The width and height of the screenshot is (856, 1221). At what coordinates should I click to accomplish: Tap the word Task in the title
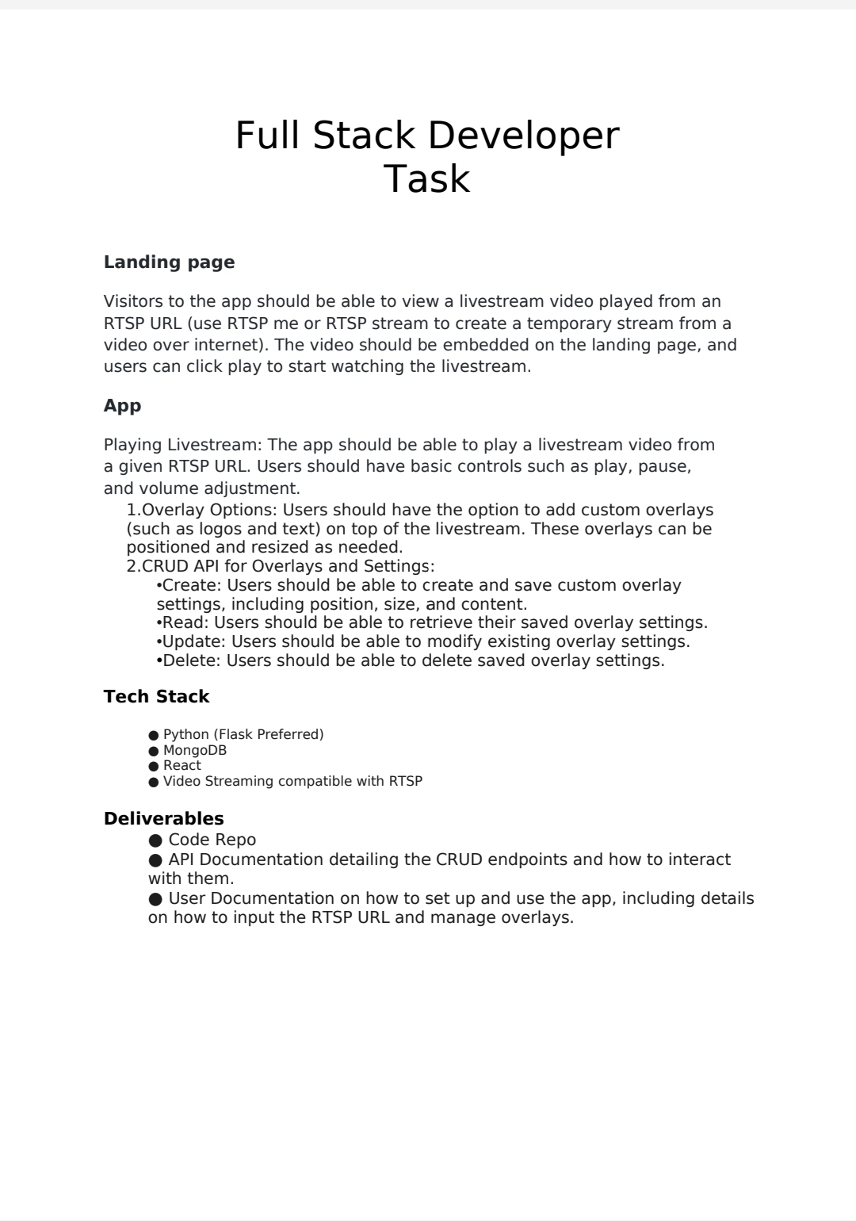pyautogui.click(x=426, y=179)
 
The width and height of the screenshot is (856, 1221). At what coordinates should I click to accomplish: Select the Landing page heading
pyautogui.click(x=169, y=262)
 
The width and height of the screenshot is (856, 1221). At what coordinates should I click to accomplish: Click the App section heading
pyautogui.click(x=122, y=406)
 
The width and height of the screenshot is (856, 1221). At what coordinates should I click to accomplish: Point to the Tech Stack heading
pyautogui.click(x=156, y=697)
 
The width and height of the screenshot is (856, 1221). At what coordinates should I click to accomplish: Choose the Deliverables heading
pyautogui.click(x=163, y=819)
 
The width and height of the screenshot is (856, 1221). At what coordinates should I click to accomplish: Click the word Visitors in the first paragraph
pyautogui.click(x=132, y=302)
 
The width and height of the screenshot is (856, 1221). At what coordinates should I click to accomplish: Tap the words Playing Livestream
pyautogui.click(x=182, y=445)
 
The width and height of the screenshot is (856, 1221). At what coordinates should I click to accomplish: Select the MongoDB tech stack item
pyautogui.click(x=195, y=751)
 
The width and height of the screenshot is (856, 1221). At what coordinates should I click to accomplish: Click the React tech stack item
pyautogui.click(x=182, y=766)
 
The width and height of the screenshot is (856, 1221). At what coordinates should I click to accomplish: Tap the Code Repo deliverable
pyautogui.click(x=212, y=840)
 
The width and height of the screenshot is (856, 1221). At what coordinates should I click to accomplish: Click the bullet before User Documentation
pyautogui.click(x=155, y=899)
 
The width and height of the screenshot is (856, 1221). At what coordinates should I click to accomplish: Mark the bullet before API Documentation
pyautogui.click(x=155, y=860)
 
